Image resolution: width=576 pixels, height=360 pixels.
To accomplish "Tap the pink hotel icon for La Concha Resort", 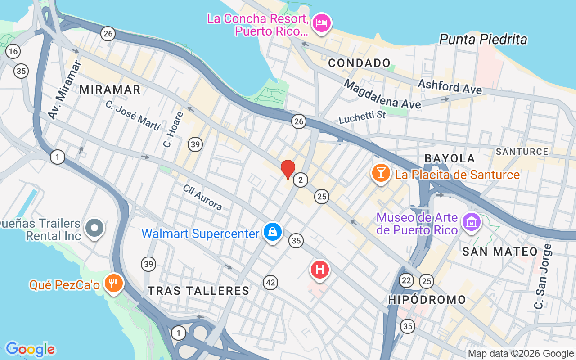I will coord(322,22).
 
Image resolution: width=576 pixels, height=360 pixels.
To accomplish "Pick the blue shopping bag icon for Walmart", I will coord(273,232).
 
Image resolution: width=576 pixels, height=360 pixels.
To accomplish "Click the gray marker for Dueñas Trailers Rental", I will coord(94,228).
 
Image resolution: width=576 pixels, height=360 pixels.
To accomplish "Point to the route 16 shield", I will coord(13,51).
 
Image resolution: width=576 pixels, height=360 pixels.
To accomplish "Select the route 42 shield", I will coord(270,283).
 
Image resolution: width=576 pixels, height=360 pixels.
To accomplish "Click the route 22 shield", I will coord(406,280).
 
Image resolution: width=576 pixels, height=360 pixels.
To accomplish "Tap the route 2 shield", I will coord(300,180).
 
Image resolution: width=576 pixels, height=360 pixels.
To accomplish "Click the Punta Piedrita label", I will coord(483,40).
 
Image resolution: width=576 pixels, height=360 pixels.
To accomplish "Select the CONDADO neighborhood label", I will coord(359,63).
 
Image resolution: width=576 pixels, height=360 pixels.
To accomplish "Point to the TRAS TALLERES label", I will coord(198,291).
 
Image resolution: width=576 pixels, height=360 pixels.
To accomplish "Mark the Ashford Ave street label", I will coord(450,86).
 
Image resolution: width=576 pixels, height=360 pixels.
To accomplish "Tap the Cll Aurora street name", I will coord(202,198).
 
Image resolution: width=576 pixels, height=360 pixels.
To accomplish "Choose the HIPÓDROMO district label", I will coord(427,300).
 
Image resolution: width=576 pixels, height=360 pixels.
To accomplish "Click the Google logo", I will coord(30,349).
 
